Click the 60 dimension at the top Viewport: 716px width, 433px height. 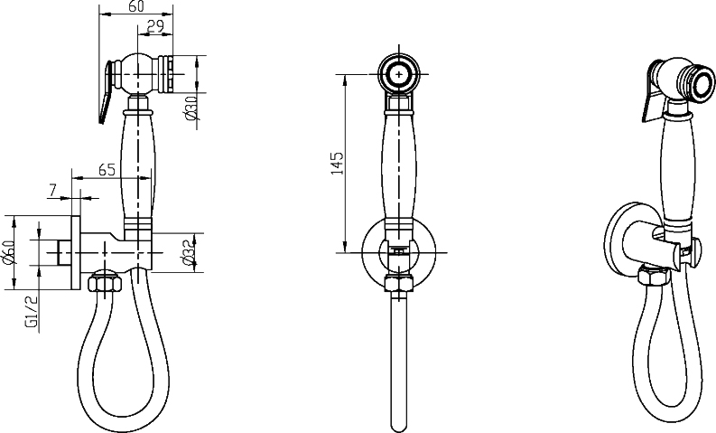[x=135, y=6]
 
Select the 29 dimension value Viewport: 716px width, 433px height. [x=155, y=26]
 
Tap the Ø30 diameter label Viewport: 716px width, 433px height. [x=191, y=108]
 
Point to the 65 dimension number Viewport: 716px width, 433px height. [x=107, y=169]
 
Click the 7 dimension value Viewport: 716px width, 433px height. [x=52, y=189]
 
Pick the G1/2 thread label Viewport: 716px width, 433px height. [x=31, y=312]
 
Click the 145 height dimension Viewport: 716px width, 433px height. [x=337, y=163]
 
